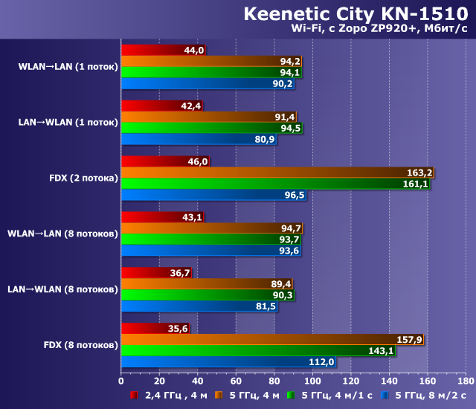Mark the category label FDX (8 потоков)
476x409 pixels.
pyautogui.click(x=81, y=345)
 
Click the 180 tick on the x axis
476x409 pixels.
pyautogui.click(x=465, y=381)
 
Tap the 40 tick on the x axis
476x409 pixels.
pyautogui.click(x=197, y=381)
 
